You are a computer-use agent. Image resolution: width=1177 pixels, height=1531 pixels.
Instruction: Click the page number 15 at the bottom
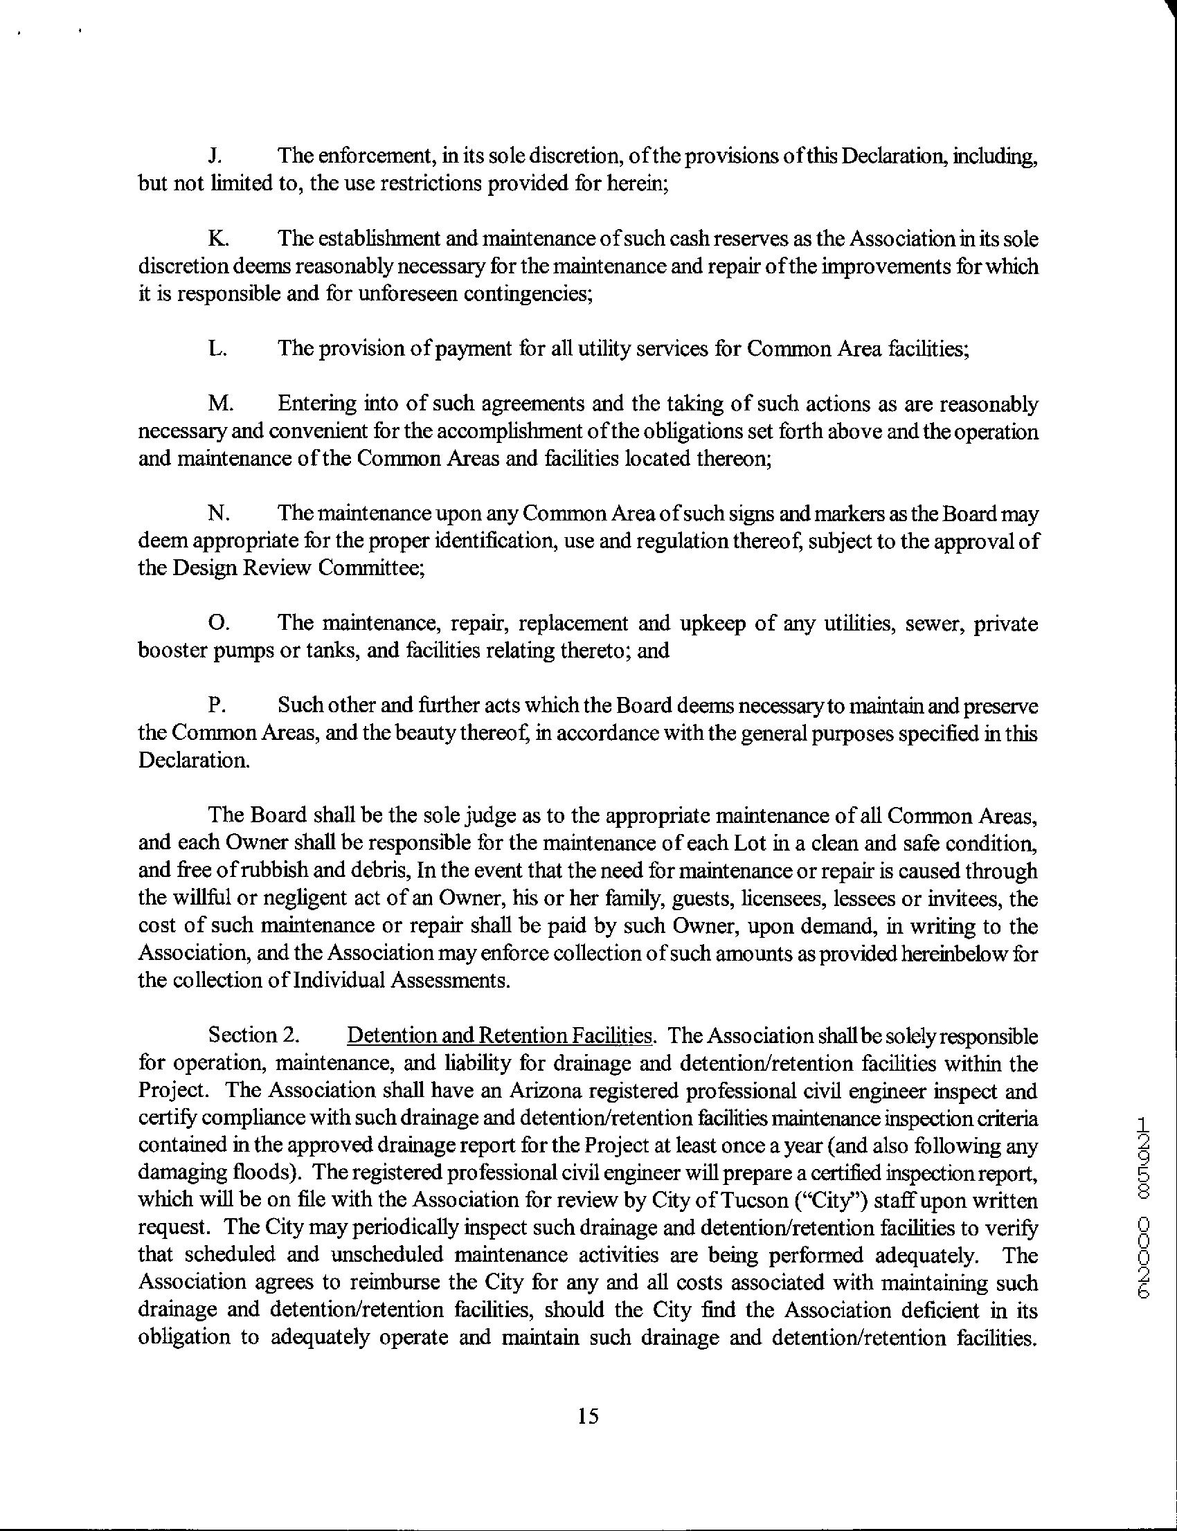[x=588, y=1417]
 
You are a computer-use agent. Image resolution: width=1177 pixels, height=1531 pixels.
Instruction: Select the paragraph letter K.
[x=217, y=239]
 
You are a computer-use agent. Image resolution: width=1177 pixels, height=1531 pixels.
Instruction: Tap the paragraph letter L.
[x=217, y=349]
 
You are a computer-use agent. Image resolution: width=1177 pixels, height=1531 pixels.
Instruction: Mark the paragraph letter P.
[x=216, y=705]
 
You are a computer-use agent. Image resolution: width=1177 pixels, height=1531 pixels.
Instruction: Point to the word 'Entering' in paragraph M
[x=316, y=405]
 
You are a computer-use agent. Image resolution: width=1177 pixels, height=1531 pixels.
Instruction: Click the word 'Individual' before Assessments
[x=337, y=981]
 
